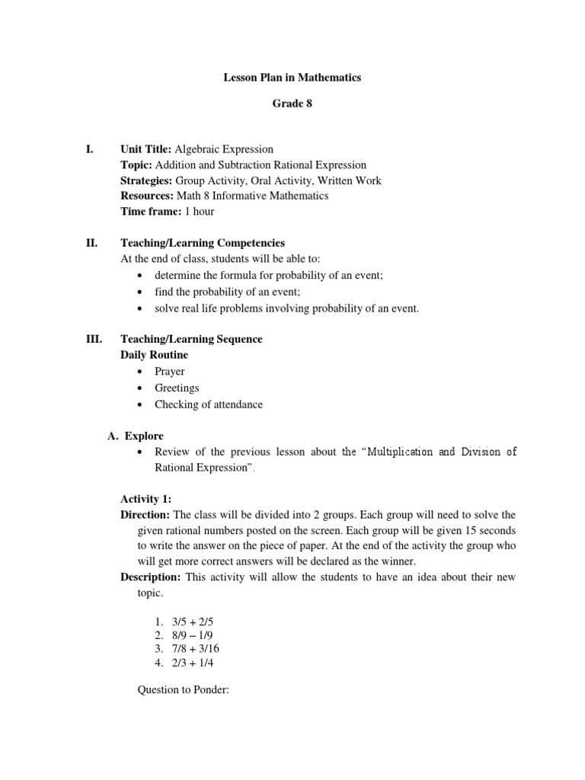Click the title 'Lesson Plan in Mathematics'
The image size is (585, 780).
click(292, 78)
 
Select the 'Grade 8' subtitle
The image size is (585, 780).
click(292, 104)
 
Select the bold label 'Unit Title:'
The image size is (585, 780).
click(146, 149)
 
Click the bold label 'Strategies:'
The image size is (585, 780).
click(147, 181)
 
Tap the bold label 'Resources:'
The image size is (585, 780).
click(147, 196)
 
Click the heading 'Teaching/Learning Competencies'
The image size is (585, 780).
click(203, 243)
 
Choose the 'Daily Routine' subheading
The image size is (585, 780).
click(155, 355)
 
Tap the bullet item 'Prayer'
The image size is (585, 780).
click(169, 372)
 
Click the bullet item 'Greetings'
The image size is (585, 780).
click(177, 388)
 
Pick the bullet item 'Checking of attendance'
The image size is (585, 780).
click(208, 404)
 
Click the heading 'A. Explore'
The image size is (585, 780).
click(135, 436)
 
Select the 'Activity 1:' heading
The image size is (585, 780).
click(146, 499)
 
